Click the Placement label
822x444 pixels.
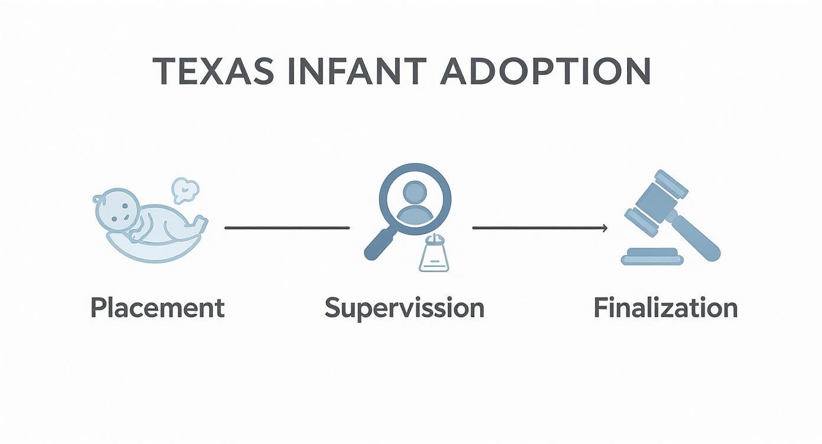158,308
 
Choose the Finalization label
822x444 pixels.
666,308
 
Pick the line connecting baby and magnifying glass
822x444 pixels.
287,227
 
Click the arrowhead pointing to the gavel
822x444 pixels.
604,227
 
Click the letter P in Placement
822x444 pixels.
98,308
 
